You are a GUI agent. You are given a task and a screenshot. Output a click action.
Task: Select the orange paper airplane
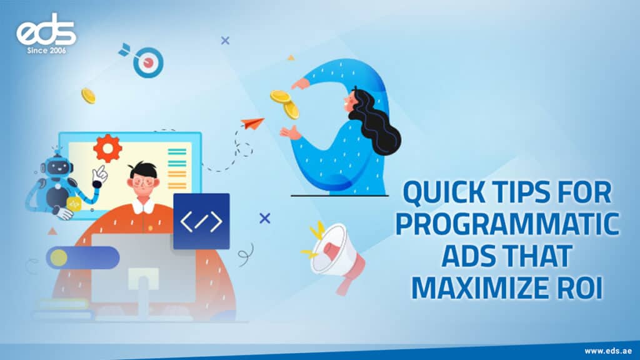click(x=252, y=123)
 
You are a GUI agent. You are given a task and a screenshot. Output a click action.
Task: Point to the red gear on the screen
click(x=106, y=149)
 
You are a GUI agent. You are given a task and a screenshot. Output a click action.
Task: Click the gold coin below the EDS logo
click(x=88, y=96)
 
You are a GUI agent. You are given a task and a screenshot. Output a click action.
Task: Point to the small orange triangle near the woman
click(x=291, y=57)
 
